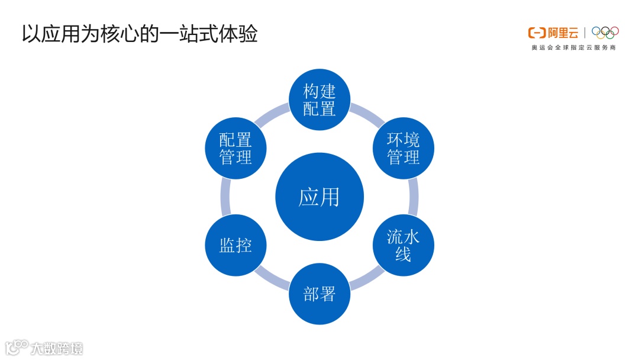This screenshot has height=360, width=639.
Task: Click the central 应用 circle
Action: click(x=319, y=197)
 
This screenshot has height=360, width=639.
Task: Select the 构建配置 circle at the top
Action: click(x=319, y=99)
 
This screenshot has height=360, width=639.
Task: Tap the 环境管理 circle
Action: click(x=404, y=149)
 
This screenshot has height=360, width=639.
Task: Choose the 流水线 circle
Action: click(x=404, y=245)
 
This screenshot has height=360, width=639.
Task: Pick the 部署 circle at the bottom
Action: click(x=319, y=294)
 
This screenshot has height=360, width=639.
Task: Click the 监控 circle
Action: click(x=235, y=245)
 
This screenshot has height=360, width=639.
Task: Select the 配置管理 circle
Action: click(x=235, y=149)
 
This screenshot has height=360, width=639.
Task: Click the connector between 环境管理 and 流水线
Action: click(x=413, y=197)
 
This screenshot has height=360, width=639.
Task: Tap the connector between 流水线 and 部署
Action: click(x=366, y=279)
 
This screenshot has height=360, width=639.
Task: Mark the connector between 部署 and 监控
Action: click(x=273, y=279)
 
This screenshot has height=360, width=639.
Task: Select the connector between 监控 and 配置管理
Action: click(x=225, y=197)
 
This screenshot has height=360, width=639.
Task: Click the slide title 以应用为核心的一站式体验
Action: click(x=140, y=34)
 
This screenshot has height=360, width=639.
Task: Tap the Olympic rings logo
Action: click(x=605, y=33)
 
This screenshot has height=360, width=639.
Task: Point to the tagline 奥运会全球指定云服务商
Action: click(x=573, y=47)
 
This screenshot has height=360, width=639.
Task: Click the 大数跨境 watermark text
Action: click(x=57, y=348)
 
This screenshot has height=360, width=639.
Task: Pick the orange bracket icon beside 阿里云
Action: click(x=537, y=33)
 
